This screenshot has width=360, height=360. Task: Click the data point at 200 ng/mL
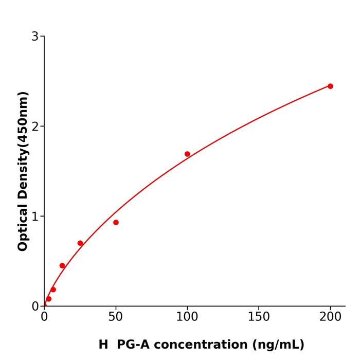[330, 86]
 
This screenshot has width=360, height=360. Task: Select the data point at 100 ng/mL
[187, 154]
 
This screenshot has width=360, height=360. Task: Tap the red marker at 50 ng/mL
[116, 222]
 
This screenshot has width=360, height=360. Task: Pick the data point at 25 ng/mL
[80, 243]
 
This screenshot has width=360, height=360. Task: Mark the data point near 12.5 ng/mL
[62, 266]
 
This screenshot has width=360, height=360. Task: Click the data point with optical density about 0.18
[53, 290]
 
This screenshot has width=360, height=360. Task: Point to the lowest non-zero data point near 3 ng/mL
[48, 299]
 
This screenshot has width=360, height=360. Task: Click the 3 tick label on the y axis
[35, 37]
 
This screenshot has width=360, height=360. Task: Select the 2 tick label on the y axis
[35, 127]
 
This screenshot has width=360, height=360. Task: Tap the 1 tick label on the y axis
[35, 217]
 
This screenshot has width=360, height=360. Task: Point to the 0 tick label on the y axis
[35, 307]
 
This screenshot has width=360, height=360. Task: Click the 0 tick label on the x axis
[44, 317]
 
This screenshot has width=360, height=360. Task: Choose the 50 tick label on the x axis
[116, 317]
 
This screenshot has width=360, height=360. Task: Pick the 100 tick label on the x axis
[187, 317]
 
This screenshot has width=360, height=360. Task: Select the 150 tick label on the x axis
[259, 317]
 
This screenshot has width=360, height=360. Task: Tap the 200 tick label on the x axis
[330, 317]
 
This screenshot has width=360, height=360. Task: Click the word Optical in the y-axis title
[23, 227]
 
